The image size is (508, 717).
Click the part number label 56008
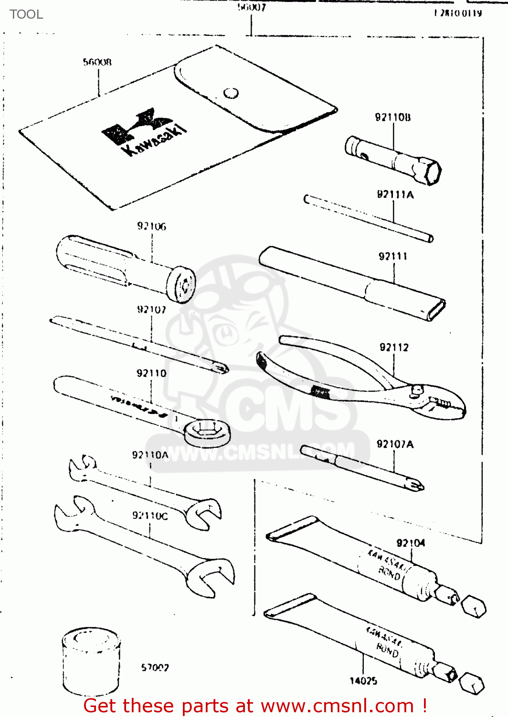(97, 62)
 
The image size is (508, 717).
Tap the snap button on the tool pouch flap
(231, 93)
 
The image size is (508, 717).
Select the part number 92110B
(392, 117)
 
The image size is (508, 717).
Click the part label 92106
(152, 226)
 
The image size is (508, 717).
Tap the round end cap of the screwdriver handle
(182, 285)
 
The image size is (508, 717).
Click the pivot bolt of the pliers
(416, 391)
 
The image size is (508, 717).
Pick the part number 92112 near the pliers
(394, 348)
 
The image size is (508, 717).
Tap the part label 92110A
(150, 455)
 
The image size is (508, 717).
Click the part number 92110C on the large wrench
(150, 515)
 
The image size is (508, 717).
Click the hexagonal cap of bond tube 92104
(474, 607)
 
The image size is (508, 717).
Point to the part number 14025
(363, 681)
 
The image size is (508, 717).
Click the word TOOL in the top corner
(26, 14)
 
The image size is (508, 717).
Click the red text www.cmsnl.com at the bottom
(337, 706)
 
